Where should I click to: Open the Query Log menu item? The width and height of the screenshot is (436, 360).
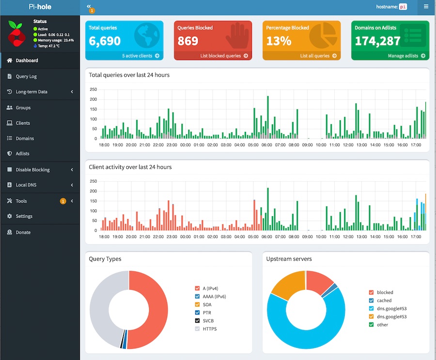pos(26,76)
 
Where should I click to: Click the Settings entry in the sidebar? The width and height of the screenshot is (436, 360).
pos(24,216)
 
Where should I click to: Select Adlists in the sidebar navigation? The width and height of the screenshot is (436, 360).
pos(22,154)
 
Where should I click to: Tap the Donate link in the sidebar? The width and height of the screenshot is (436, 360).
pos(23,232)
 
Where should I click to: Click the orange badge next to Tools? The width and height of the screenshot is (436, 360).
pos(63,201)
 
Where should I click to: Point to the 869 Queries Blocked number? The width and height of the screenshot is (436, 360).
pos(188,41)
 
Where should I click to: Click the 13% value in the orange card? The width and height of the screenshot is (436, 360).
pos(279,41)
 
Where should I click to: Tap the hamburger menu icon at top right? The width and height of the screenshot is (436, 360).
pos(426,6)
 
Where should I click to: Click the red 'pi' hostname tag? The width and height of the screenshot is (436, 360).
pos(403,7)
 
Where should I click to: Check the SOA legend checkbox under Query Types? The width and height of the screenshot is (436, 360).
pos(198,305)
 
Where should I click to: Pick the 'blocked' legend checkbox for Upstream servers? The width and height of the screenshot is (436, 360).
pos(371,292)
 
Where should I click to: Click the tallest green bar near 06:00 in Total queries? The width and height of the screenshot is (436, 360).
pos(268,117)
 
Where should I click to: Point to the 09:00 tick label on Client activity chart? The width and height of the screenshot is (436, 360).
pos(307,237)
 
